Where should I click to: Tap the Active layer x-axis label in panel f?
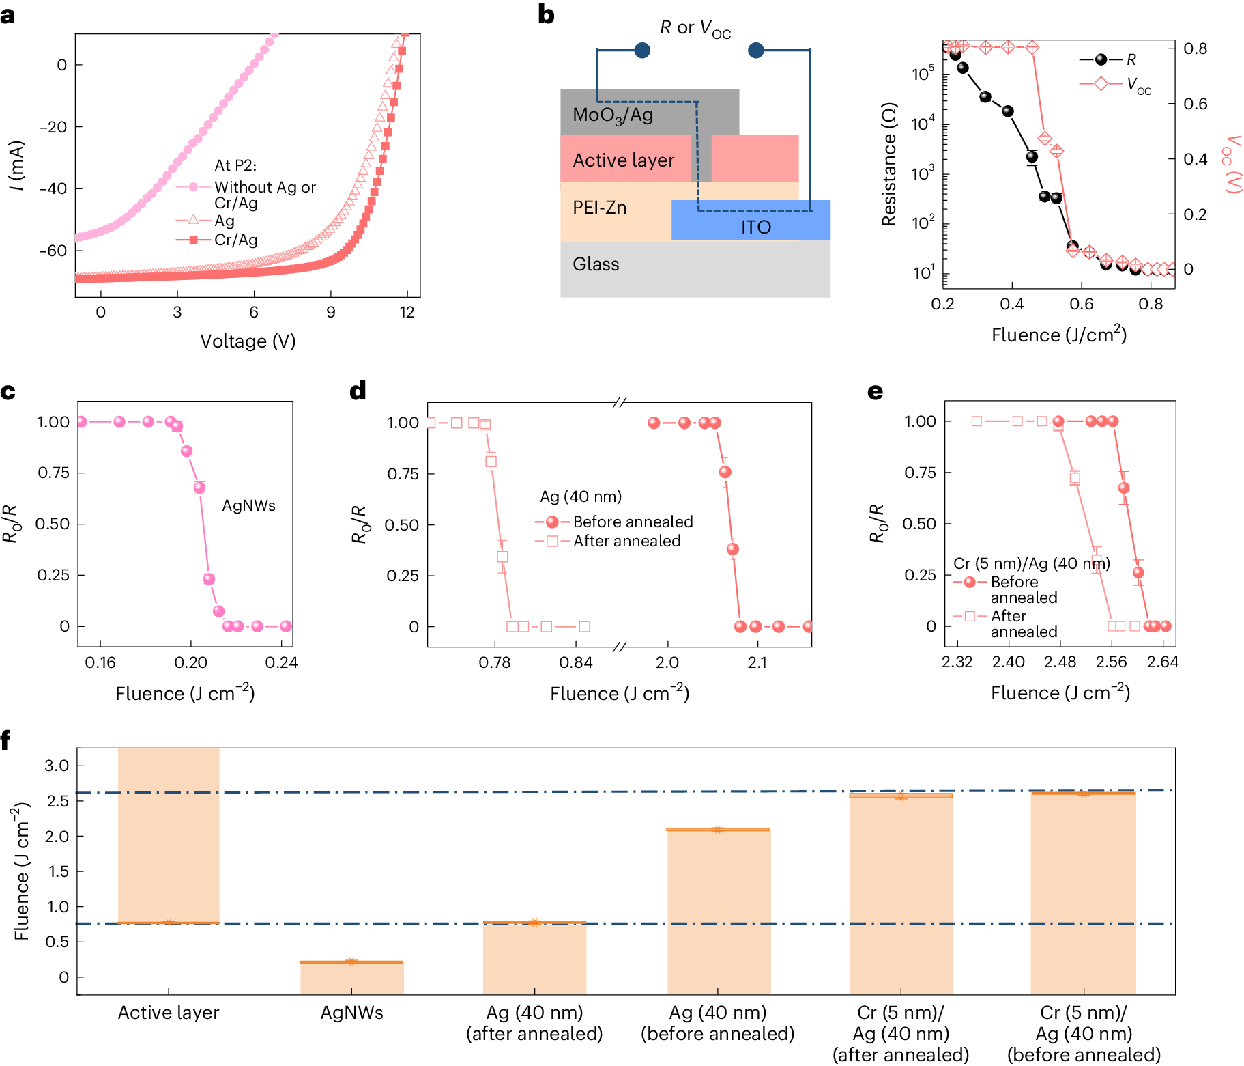click(x=169, y=1012)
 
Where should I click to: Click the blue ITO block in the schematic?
click(x=751, y=220)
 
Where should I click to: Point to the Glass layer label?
click(x=596, y=264)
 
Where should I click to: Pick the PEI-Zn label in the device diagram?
click(x=599, y=208)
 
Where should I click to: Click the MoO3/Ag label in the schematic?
click(x=613, y=115)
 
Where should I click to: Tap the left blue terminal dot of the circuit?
click(x=642, y=50)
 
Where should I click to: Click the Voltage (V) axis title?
click(x=248, y=341)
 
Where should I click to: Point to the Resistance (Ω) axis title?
click(x=888, y=164)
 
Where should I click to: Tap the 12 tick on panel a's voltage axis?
click(x=407, y=312)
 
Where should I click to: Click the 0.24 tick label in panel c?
click(x=281, y=662)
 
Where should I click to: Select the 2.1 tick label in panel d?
click(x=757, y=662)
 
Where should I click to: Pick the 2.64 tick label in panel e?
click(x=1162, y=662)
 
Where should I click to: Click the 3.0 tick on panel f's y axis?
click(x=57, y=766)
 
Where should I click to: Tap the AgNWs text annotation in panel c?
click(x=249, y=505)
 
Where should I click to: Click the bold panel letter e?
click(x=875, y=392)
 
